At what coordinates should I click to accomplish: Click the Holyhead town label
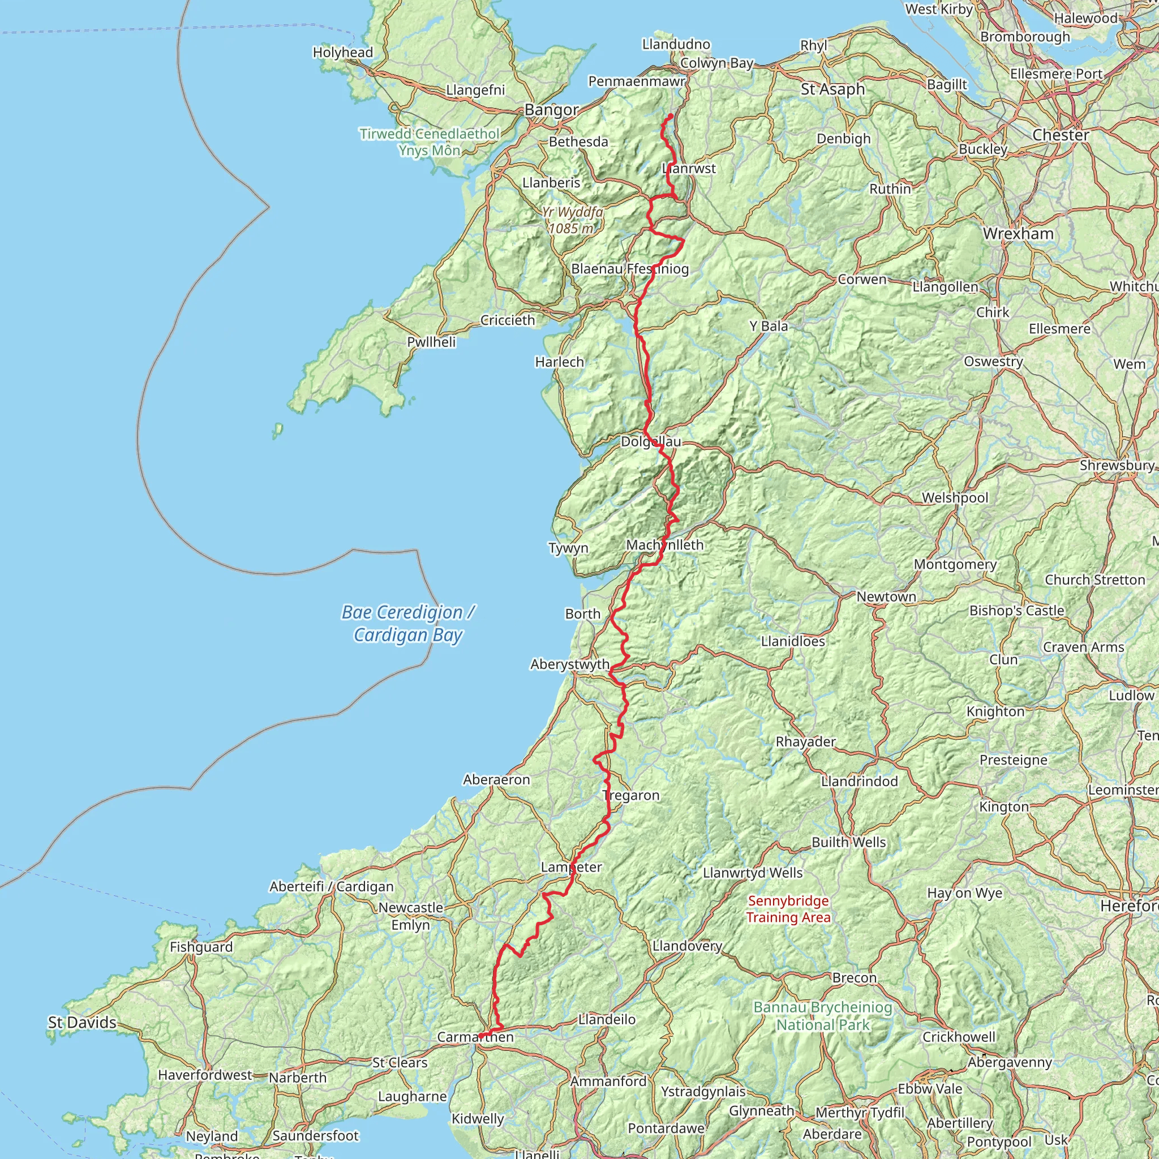coord(342,53)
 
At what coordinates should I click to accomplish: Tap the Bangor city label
coord(551,110)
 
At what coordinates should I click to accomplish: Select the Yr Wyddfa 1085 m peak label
coord(572,220)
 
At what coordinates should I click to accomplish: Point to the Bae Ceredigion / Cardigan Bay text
coord(408,623)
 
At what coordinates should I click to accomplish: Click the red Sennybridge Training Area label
coord(788,909)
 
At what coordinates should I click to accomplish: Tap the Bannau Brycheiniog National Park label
coord(822,1016)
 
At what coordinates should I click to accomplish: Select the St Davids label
coord(82,1022)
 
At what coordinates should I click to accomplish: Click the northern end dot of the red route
coord(669,116)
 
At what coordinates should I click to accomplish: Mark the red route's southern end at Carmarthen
coord(480,1037)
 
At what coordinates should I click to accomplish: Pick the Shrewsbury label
coord(1117,466)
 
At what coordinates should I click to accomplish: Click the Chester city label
coord(1060,135)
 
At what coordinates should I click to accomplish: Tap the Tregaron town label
coord(630,796)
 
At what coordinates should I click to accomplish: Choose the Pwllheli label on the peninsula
coord(431,342)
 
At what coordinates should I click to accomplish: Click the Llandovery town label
coord(687,946)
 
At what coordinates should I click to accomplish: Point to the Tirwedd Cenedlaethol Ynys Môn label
coord(430,141)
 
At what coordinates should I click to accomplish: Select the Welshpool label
coord(955,497)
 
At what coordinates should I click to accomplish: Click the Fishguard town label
coord(201,947)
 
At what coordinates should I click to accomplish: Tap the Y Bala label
coord(769,327)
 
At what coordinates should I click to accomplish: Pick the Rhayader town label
coord(806,741)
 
